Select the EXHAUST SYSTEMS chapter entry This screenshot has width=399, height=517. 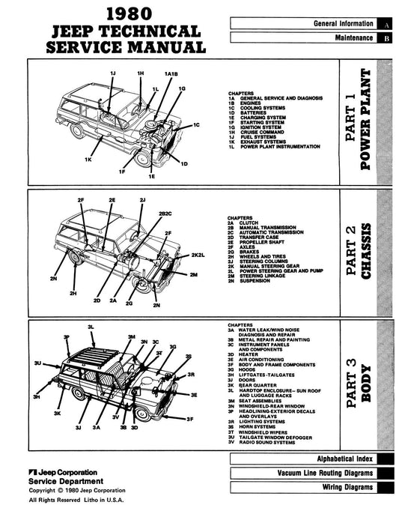point(261,142)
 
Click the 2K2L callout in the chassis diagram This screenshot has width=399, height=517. point(198,257)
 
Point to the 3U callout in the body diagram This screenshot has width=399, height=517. point(37,363)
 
